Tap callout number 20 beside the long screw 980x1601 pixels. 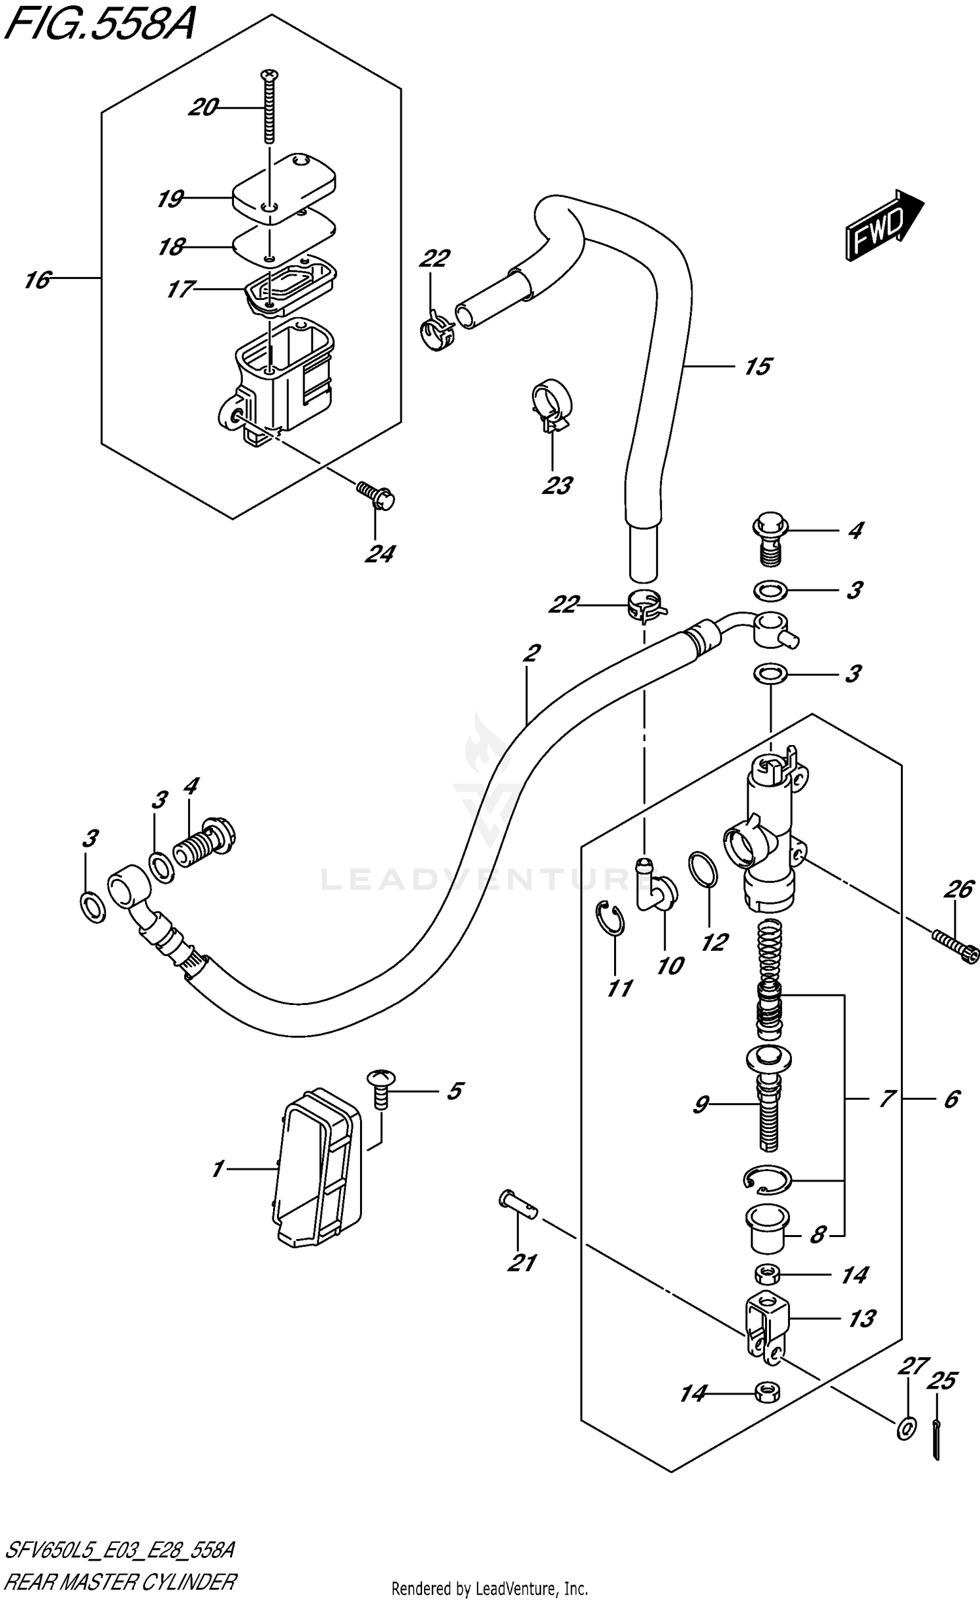(x=202, y=107)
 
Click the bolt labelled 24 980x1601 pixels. (x=377, y=496)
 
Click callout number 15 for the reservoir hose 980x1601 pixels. (x=757, y=367)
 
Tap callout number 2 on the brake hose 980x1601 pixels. (x=532, y=653)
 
